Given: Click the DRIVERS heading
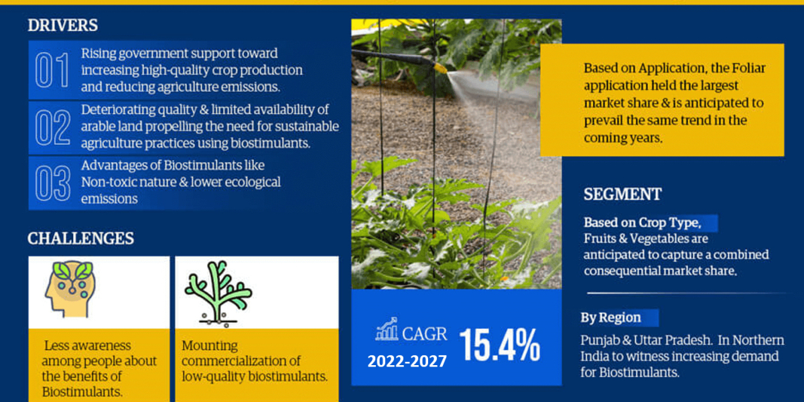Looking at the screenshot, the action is tap(63, 25).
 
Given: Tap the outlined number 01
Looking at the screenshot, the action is tap(52, 70).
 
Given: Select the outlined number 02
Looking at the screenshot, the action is tap(53, 127).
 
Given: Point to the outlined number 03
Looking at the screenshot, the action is tap(53, 183).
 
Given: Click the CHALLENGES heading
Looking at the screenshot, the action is tap(81, 239).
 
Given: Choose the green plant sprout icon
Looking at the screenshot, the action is tap(218, 293).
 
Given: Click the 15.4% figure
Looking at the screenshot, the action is tap(500, 345).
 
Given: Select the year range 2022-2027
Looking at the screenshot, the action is tap(407, 361).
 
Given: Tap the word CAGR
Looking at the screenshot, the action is tap(425, 334).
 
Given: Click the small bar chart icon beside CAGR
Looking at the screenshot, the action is tap(387, 329).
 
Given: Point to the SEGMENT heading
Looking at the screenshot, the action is tap(622, 194).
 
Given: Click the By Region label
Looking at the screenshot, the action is tap(611, 318).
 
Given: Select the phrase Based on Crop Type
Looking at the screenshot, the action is tap(642, 223).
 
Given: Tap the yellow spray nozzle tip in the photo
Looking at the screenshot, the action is tap(441, 68).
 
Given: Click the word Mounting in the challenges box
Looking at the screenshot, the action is tap(210, 346).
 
